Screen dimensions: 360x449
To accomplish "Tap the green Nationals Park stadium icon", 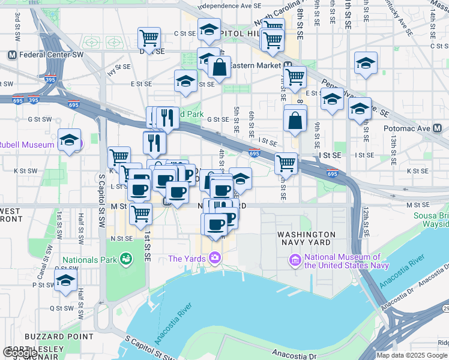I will pos(125,259).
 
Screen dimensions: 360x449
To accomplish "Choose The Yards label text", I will pos(187,259).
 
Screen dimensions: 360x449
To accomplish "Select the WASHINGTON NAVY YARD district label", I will pos(306,238).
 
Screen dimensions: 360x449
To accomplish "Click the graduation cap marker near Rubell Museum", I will pos(70,140).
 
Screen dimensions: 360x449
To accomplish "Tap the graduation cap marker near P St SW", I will pos(65,280).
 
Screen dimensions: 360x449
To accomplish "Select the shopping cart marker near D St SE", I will pos(148,38).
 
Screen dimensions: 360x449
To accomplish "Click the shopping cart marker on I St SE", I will pos(286,163).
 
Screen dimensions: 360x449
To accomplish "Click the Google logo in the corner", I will pos(20,353).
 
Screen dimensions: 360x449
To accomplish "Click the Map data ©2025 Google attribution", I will pos(412,355).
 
